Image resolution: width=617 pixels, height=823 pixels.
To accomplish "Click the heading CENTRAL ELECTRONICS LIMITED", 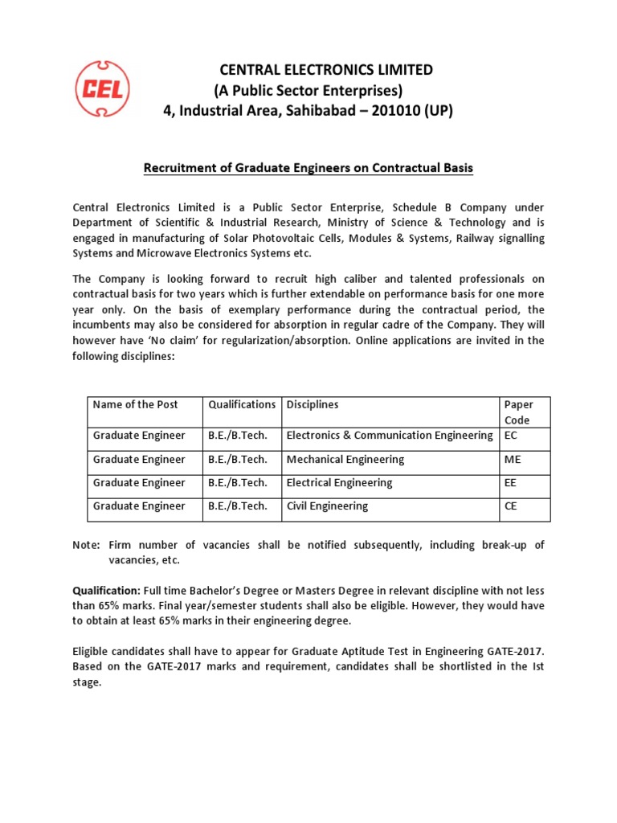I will (308, 69).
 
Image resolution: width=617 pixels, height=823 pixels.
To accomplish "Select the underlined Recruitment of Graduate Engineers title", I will (308, 168).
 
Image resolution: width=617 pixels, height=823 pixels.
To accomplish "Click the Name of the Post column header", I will (135, 404).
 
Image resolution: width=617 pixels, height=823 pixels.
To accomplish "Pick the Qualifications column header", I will (241, 404).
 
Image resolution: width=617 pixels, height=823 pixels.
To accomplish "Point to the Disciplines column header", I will (313, 404).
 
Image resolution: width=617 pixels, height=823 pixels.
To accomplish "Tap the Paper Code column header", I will (518, 411).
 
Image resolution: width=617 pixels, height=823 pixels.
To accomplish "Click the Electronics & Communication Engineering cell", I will (390, 436).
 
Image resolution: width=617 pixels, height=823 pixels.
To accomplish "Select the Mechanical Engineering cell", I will (345, 460).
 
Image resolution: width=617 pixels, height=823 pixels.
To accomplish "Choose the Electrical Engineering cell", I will (340, 483).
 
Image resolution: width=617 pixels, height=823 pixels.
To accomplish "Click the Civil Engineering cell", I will (328, 506).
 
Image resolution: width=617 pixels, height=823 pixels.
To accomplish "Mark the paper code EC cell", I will (510, 436).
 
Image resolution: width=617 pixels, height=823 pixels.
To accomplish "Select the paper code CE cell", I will (510, 506).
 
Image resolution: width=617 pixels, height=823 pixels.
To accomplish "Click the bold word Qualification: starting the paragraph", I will (106, 590).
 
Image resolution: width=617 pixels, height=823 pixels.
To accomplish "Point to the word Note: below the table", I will (86, 545).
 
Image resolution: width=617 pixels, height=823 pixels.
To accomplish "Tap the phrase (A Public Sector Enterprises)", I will (308, 89).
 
